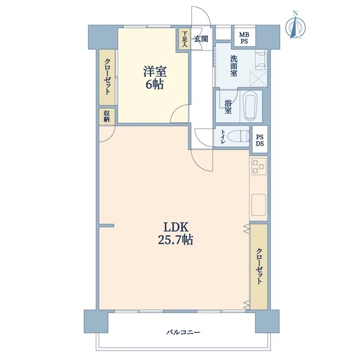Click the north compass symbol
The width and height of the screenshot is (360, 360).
coord(296,25)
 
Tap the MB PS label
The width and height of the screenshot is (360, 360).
coord(244,38)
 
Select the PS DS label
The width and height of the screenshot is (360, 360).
coord(260,141)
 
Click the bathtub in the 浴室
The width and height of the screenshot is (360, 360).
coord(251,106)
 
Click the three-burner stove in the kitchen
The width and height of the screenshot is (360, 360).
coord(259,167)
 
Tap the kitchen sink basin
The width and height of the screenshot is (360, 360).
coord(259,205)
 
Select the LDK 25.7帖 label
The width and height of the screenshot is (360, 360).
coord(176,234)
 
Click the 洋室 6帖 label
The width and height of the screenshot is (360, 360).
coord(154,77)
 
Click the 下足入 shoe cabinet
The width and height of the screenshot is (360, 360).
coord(185,39)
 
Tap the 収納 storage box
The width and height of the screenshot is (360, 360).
coord(106,117)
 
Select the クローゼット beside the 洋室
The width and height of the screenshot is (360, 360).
coord(107,77)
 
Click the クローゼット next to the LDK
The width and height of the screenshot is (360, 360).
coord(259,266)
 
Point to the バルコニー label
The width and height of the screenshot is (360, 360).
coord(183,332)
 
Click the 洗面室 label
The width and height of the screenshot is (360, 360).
coord(234,66)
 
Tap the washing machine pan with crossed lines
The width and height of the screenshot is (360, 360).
coord(259,79)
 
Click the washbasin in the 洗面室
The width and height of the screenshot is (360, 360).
coord(261,60)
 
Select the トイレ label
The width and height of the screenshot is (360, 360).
coord(222,137)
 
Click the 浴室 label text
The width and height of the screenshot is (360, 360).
coord(227,107)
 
